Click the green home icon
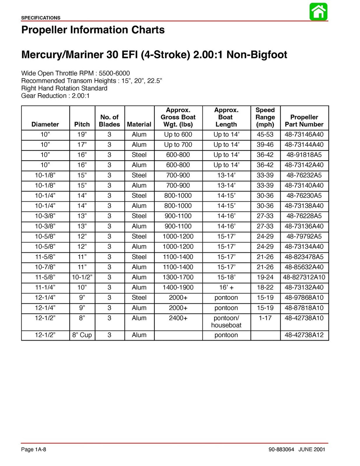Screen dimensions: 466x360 tap(319, 12)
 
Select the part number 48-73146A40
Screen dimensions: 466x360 tap(304, 135)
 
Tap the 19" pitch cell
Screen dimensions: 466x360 tap(82, 135)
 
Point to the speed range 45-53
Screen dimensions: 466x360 tap(265, 135)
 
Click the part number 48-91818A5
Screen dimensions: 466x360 tap(304, 155)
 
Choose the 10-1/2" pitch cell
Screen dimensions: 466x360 tap(82, 277)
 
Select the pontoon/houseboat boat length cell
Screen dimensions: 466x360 tap(226, 322)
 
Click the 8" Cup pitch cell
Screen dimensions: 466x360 tap(82, 335)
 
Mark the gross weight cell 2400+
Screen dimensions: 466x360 tap(178, 318)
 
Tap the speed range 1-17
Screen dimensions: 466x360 tap(265, 318)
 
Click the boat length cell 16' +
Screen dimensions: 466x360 tap(226, 287)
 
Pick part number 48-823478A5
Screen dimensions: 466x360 tap(304, 257)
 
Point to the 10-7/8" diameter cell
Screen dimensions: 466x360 tap(45, 267)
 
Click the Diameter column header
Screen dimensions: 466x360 tap(45, 124)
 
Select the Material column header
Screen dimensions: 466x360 tap(139, 124)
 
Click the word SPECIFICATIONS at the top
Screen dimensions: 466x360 tap(40, 18)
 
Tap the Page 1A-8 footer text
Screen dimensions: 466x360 tap(33, 449)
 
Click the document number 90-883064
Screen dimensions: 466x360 tap(281, 449)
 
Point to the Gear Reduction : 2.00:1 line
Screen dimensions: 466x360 tap(55, 96)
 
